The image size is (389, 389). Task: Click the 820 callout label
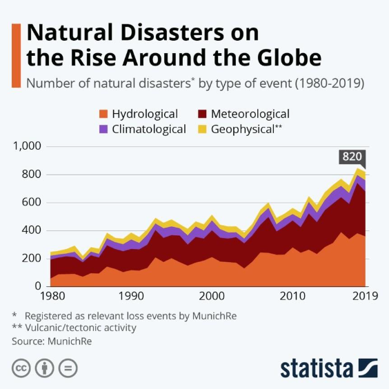pos(352,157)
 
